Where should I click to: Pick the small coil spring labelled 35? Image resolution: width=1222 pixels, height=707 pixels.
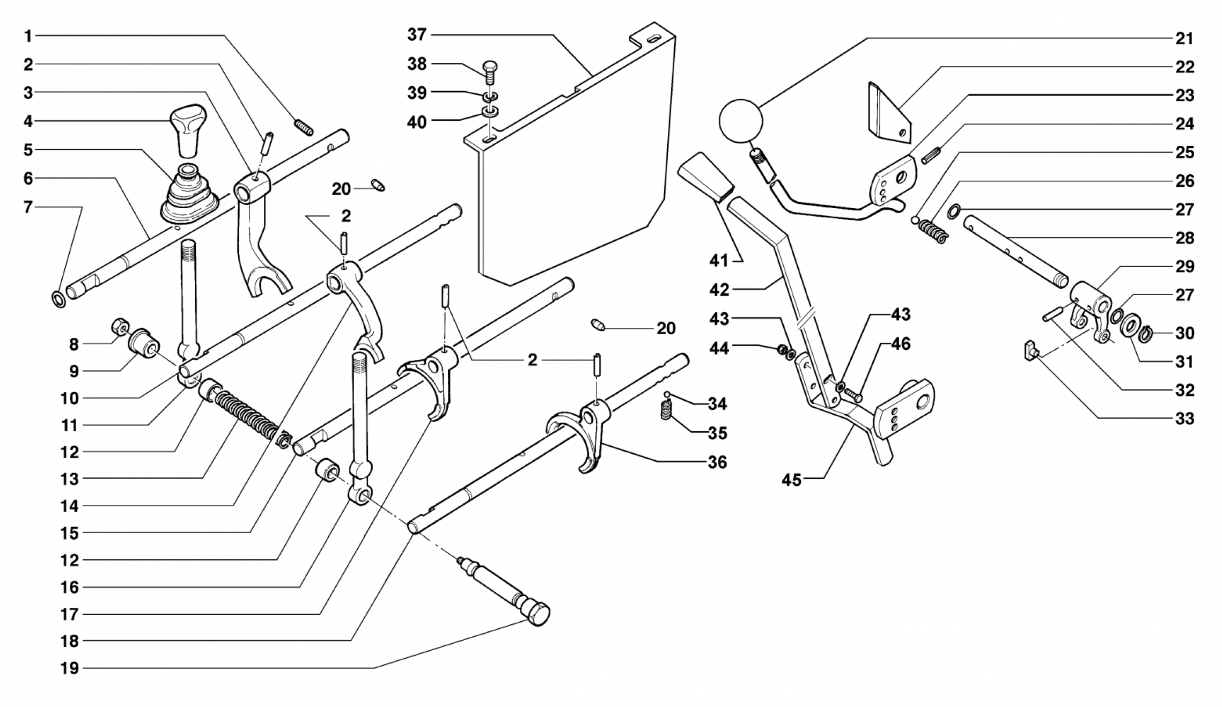click(x=666, y=411)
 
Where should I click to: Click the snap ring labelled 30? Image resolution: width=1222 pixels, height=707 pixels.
click(x=1143, y=334)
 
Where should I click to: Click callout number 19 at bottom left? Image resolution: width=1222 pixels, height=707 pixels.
click(x=70, y=668)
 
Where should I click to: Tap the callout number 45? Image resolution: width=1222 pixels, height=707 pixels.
click(x=791, y=480)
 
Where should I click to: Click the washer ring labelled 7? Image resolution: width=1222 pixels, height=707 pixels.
click(x=58, y=299)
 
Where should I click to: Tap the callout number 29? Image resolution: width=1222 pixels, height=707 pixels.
click(x=1184, y=266)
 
